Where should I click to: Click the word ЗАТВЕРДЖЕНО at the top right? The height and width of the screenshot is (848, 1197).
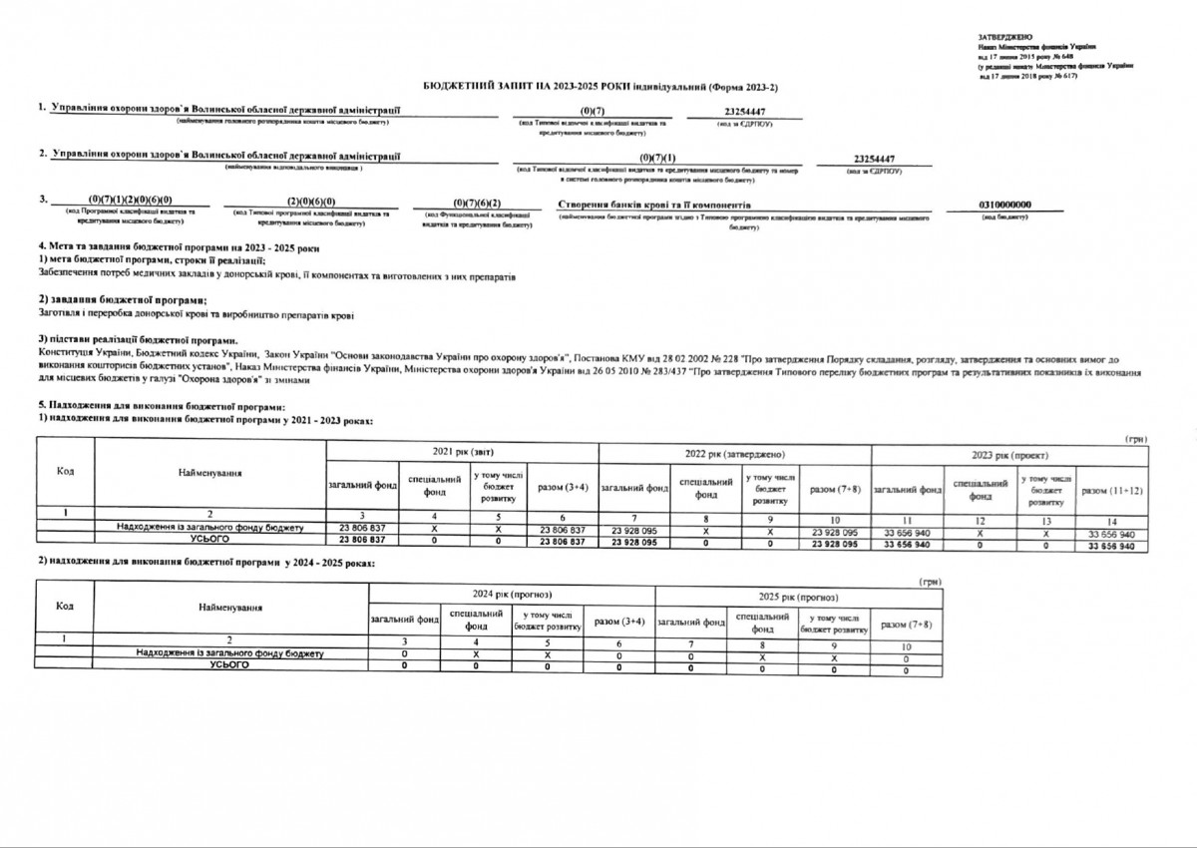(1003, 36)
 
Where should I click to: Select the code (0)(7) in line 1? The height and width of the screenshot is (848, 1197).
(592, 111)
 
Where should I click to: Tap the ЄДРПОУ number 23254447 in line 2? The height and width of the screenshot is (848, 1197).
(873, 160)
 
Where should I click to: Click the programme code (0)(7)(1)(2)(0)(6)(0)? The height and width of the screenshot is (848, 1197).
(131, 203)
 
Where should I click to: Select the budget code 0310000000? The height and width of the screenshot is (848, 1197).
(1005, 204)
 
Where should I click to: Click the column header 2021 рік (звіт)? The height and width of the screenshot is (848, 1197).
(462, 454)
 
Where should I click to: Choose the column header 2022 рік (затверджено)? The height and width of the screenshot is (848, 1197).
(734, 454)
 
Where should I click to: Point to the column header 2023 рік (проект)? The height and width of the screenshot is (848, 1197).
(1008, 454)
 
